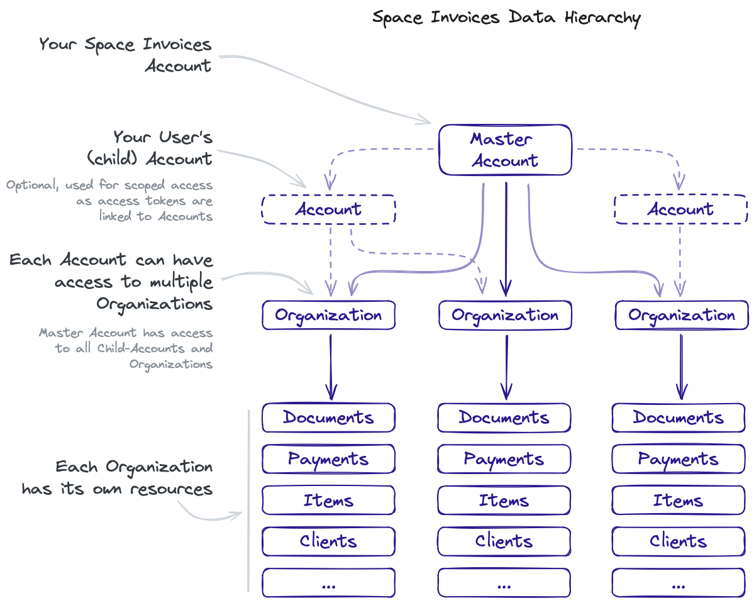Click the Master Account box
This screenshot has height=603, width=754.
tap(505, 150)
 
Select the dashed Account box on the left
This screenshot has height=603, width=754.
tap(328, 209)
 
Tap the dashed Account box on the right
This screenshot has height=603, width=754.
tap(680, 209)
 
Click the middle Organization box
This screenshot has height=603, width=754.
tap(505, 315)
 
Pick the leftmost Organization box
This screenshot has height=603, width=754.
tap(328, 315)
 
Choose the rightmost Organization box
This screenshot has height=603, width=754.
tap(682, 315)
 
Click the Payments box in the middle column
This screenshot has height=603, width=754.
tap(504, 459)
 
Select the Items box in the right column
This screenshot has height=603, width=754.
tap(678, 501)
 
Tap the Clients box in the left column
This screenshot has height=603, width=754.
tap(328, 541)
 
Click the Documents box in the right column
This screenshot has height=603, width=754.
tap(678, 418)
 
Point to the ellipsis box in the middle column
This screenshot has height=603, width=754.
tap(504, 583)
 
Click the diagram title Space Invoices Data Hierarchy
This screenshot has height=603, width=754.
tap(506, 17)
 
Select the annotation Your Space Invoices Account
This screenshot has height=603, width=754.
tap(126, 55)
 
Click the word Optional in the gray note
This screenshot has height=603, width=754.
tap(32, 186)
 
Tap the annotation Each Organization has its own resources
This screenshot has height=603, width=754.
tap(118, 478)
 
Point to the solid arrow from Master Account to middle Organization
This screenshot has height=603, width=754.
tap(506, 239)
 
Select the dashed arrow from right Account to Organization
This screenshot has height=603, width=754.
tap(680, 258)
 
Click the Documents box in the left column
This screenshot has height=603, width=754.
tap(328, 418)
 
